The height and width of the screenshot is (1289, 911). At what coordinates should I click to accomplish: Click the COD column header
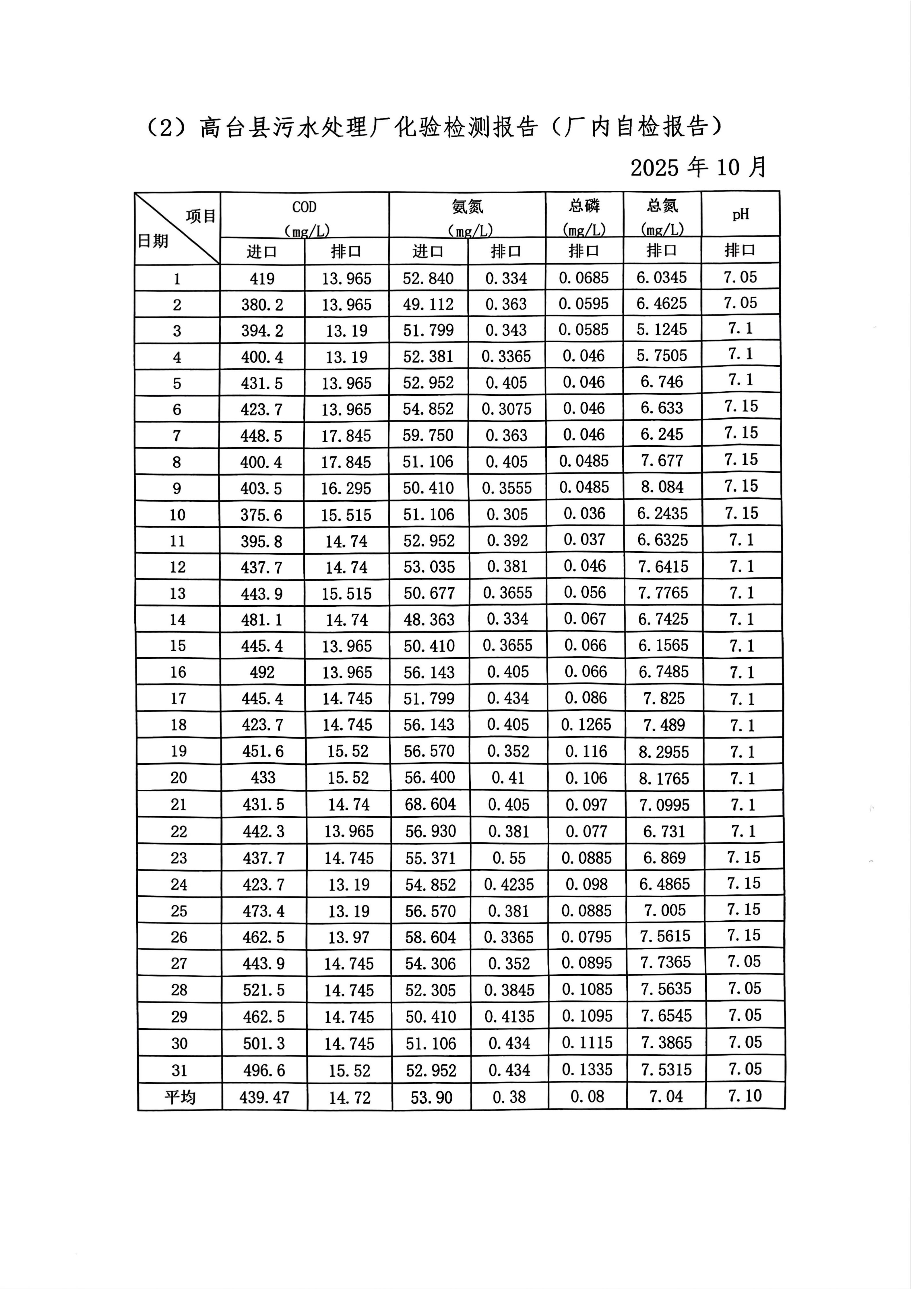pyautogui.click(x=304, y=207)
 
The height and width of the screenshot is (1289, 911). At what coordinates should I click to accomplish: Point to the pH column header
pyautogui.click(x=740, y=214)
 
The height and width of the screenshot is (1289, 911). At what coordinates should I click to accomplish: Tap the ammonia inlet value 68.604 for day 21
pyautogui.click(x=431, y=805)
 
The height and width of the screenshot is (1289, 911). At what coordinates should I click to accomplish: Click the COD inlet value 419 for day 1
pyautogui.click(x=262, y=279)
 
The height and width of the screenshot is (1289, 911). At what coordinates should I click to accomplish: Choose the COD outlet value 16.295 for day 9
pyautogui.click(x=346, y=488)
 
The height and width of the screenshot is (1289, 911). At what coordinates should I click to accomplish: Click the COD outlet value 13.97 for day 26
pyautogui.click(x=348, y=937)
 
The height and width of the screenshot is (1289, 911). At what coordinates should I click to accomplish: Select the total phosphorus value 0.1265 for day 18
pyautogui.click(x=586, y=725)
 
